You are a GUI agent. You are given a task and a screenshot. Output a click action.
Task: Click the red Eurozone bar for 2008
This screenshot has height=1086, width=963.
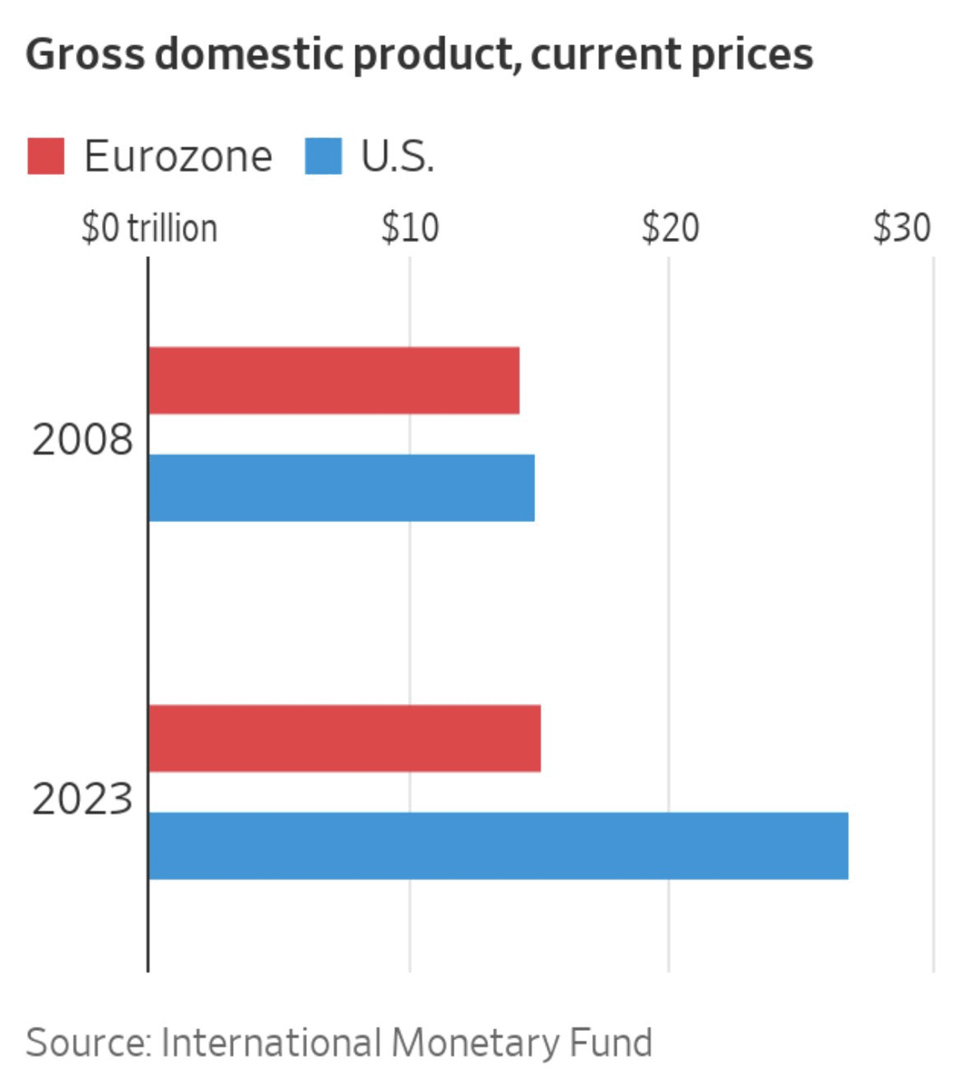(334, 380)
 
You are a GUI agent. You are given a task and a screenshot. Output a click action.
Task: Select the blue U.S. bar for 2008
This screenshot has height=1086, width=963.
(341, 488)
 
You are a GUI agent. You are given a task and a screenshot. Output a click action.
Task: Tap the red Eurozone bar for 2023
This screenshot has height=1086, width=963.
(345, 738)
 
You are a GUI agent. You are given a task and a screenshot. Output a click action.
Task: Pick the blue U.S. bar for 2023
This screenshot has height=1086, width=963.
(499, 846)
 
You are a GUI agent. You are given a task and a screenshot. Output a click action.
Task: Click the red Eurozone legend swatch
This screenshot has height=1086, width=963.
(45, 157)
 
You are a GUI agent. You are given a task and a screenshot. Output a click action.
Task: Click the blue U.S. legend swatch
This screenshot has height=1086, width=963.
(323, 157)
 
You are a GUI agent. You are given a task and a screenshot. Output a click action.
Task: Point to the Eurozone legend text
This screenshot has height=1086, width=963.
(177, 157)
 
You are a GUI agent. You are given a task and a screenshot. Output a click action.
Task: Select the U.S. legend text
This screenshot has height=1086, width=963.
(398, 157)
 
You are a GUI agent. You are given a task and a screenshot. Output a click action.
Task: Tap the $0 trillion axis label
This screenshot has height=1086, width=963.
(149, 228)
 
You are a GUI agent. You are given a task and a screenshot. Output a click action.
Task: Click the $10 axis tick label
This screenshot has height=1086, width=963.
(410, 228)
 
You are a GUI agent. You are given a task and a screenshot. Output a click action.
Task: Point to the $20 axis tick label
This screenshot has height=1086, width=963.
(670, 228)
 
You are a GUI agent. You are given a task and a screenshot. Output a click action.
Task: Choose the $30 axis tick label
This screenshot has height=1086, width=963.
(901, 228)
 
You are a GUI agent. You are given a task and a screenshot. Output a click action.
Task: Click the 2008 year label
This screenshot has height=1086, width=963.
(82, 441)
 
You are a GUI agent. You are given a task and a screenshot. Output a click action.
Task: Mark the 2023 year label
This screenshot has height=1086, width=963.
(82, 800)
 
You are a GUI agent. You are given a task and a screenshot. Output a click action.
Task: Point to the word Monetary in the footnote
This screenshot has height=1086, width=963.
(475, 1043)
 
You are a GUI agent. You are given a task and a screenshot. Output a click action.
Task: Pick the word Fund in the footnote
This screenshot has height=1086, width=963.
(611, 1043)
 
